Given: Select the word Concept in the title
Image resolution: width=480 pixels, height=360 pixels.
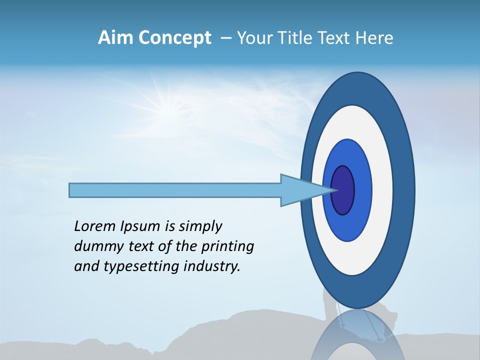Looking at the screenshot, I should (x=174, y=38).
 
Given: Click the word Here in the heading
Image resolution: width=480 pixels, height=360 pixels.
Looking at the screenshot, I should (x=374, y=38).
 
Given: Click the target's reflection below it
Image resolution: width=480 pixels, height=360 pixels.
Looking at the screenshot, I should (x=357, y=335).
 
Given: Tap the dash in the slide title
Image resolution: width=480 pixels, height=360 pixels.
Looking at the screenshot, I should (x=225, y=38).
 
